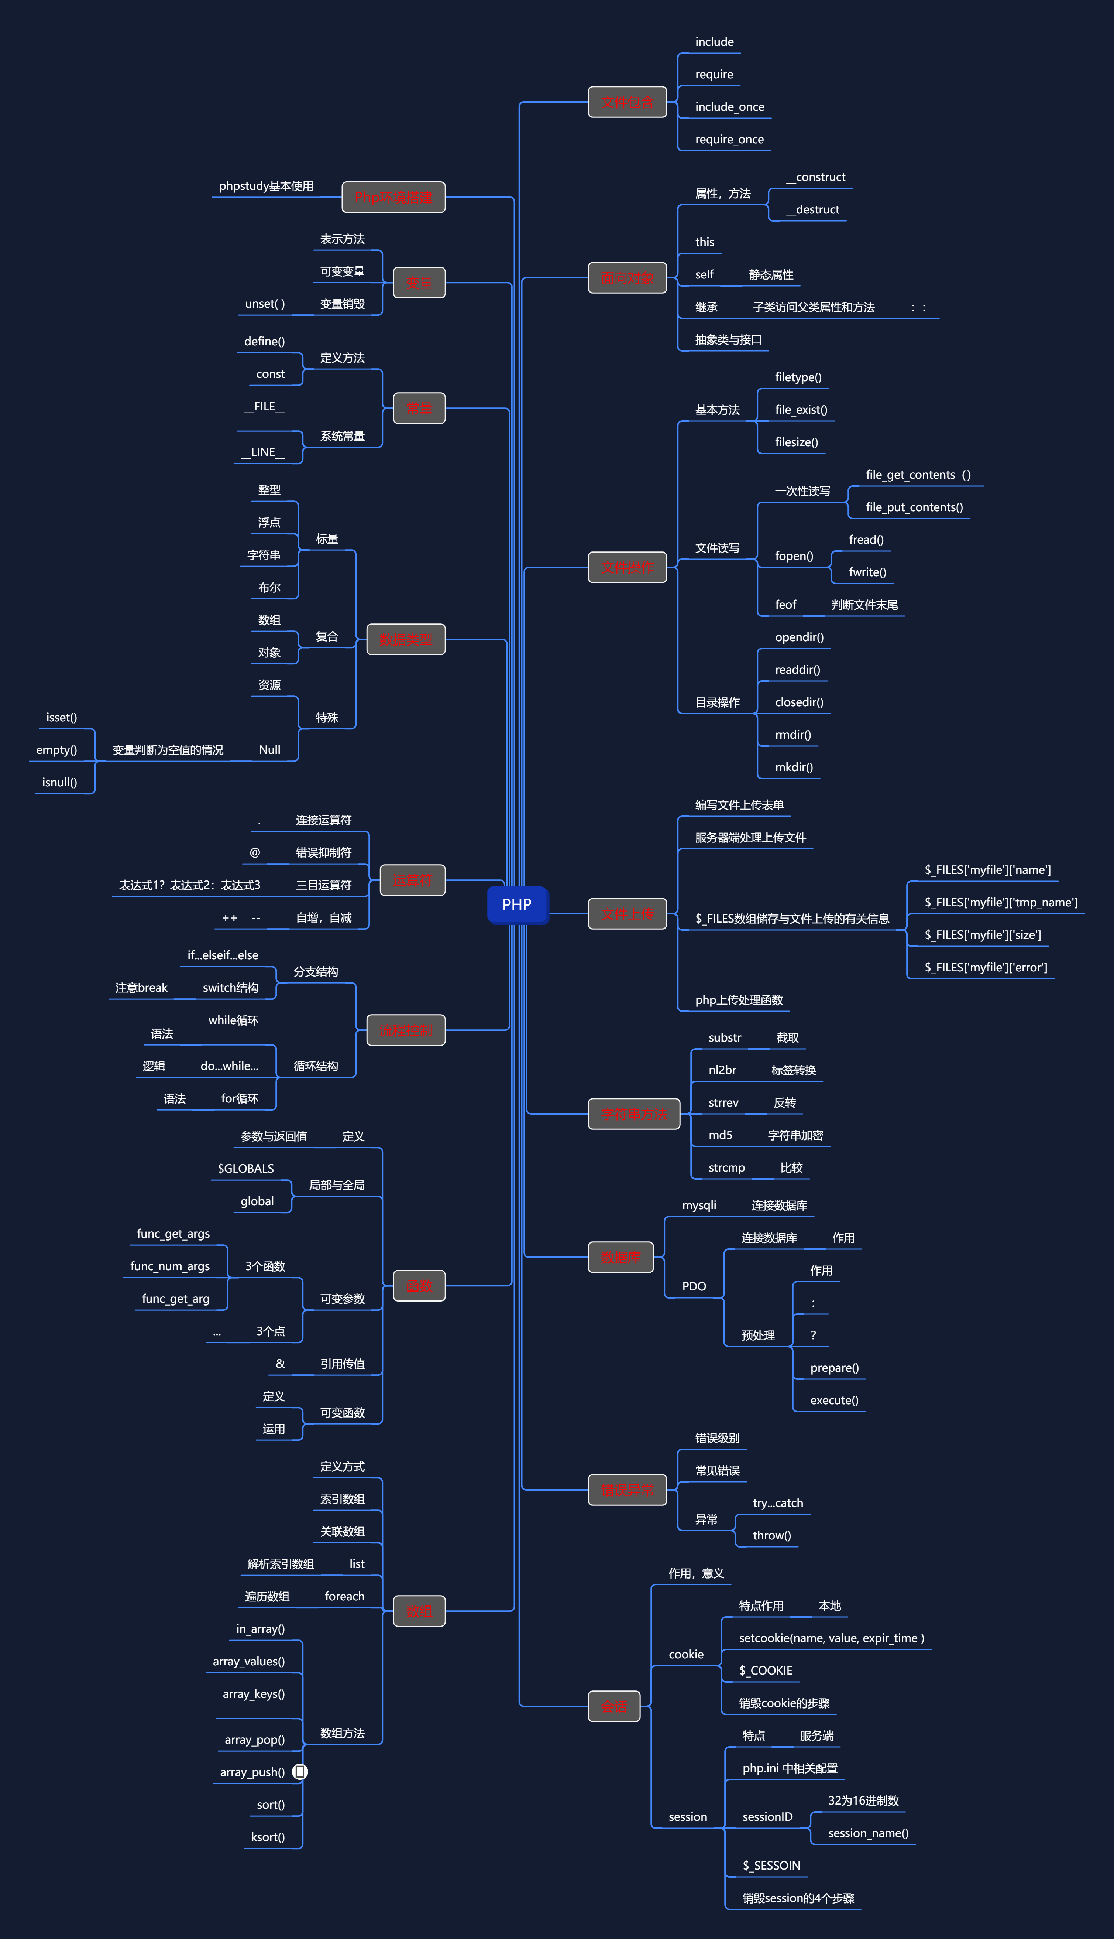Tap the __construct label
(816, 177)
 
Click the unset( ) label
(265, 304)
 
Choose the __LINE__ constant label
(263, 452)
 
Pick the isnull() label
(60, 782)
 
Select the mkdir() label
(793, 767)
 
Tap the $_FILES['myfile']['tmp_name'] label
(1000, 903)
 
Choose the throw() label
(771, 1536)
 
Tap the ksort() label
(268, 1837)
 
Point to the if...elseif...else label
(223, 955)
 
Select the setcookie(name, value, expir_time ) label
(831, 1638)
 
